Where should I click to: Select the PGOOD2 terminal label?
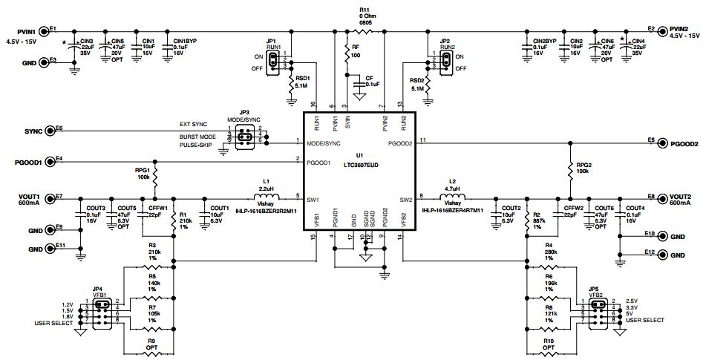click(684, 143)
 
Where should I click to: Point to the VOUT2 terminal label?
click(684, 197)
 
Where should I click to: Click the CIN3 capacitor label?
click(86, 42)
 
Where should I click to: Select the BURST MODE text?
click(197, 137)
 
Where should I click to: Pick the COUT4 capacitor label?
click(635, 208)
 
